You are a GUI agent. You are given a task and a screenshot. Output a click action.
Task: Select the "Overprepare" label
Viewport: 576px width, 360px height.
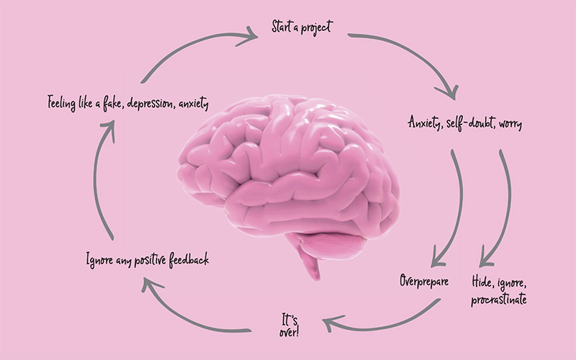[x=424, y=281]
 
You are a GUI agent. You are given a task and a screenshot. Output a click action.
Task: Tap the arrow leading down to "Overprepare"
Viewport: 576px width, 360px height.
[x=451, y=209]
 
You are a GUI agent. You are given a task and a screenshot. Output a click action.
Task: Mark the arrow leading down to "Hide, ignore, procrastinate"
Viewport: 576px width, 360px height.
[x=504, y=209]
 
